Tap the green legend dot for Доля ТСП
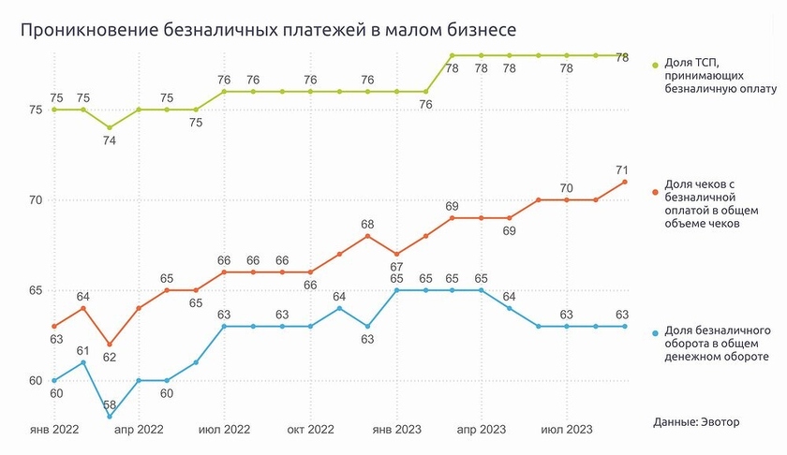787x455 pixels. point(656,66)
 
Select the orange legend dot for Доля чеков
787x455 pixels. point(656,191)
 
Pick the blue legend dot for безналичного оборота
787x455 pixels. point(656,330)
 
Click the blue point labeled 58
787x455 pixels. point(111,416)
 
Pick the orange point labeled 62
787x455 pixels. point(111,345)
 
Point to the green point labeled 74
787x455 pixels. point(111,127)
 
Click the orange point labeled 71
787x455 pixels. point(624,182)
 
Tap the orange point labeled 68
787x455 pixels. point(368,236)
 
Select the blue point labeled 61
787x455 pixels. point(82,362)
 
